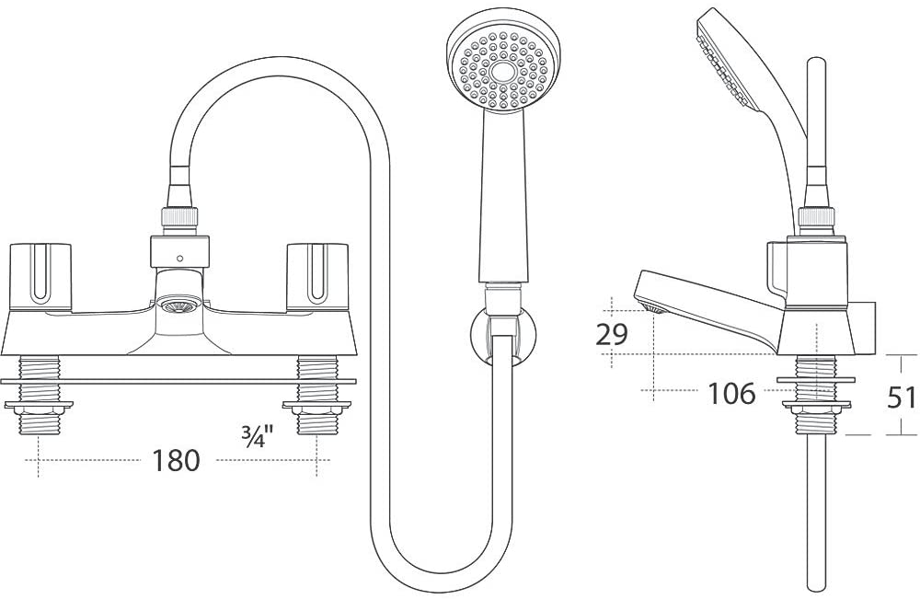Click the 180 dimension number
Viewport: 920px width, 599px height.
[178, 459]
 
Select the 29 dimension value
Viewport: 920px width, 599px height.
[612, 334]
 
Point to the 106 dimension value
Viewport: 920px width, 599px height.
[731, 394]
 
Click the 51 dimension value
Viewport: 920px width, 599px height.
[901, 397]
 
